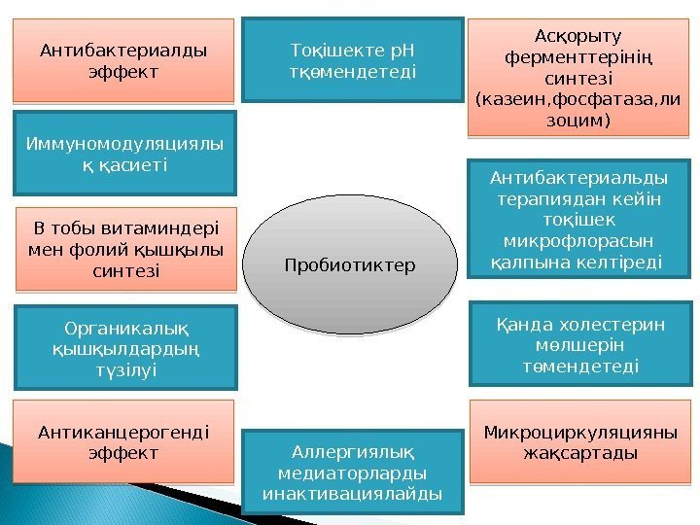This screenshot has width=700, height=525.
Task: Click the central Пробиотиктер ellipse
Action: (x=349, y=265)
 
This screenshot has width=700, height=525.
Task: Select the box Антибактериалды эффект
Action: (x=123, y=60)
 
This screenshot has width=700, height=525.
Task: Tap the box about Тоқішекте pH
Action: (x=353, y=59)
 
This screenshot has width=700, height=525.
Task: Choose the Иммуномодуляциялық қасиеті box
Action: (x=123, y=154)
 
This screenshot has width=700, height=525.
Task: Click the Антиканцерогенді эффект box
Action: (x=123, y=440)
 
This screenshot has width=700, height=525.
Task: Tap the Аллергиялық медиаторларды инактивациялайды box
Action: (x=352, y=472)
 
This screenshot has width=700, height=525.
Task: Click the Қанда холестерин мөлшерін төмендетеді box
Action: (x=580, y=344)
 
